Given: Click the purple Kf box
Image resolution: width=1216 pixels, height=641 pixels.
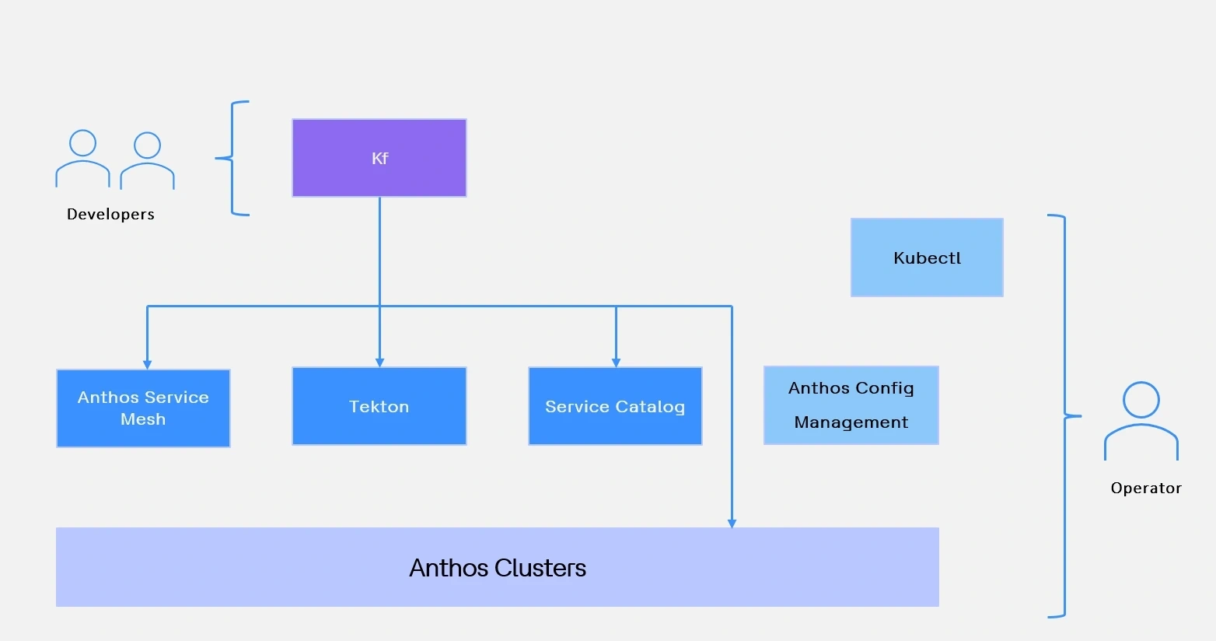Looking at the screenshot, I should pos(379,158).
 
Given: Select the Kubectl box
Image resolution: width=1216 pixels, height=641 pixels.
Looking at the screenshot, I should pos(927,257).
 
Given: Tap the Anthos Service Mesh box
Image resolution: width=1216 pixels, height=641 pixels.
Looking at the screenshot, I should pos(143,408).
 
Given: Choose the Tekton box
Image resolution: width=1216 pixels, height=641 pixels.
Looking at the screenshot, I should pos(379,406).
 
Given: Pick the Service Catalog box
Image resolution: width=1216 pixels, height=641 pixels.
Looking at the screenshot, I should pos(615,406).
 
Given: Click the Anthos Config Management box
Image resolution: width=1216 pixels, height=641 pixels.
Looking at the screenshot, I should pos(851,405).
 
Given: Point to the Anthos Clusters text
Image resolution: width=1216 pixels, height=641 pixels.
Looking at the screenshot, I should pos(498,568).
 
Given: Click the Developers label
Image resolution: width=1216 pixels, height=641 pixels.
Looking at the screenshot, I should pos(110,214).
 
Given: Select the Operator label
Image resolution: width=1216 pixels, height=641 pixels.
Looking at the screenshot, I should pos(1145,488).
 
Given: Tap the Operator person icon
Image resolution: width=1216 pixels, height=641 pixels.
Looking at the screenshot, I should pos(1141,421).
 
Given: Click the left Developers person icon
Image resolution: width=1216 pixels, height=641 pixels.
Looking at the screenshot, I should pos(82,159).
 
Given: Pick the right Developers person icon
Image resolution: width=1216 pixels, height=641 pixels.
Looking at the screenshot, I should pos(147,161).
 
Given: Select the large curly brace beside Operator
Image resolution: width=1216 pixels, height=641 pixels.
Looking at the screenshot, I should pos(1063,416).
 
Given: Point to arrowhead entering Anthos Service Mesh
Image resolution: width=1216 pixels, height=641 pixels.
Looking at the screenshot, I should pos(147,363).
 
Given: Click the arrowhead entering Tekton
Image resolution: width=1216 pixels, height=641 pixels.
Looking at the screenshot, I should pos(379,362).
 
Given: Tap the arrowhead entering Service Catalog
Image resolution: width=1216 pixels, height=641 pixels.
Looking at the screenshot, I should pos(616,362).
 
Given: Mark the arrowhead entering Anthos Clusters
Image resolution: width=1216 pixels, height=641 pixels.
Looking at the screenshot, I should pos(732,523).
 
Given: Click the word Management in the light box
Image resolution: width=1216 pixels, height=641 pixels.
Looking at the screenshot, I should pos(851,422).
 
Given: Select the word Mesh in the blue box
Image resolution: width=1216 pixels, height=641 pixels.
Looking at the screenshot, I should pos(143,419).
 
